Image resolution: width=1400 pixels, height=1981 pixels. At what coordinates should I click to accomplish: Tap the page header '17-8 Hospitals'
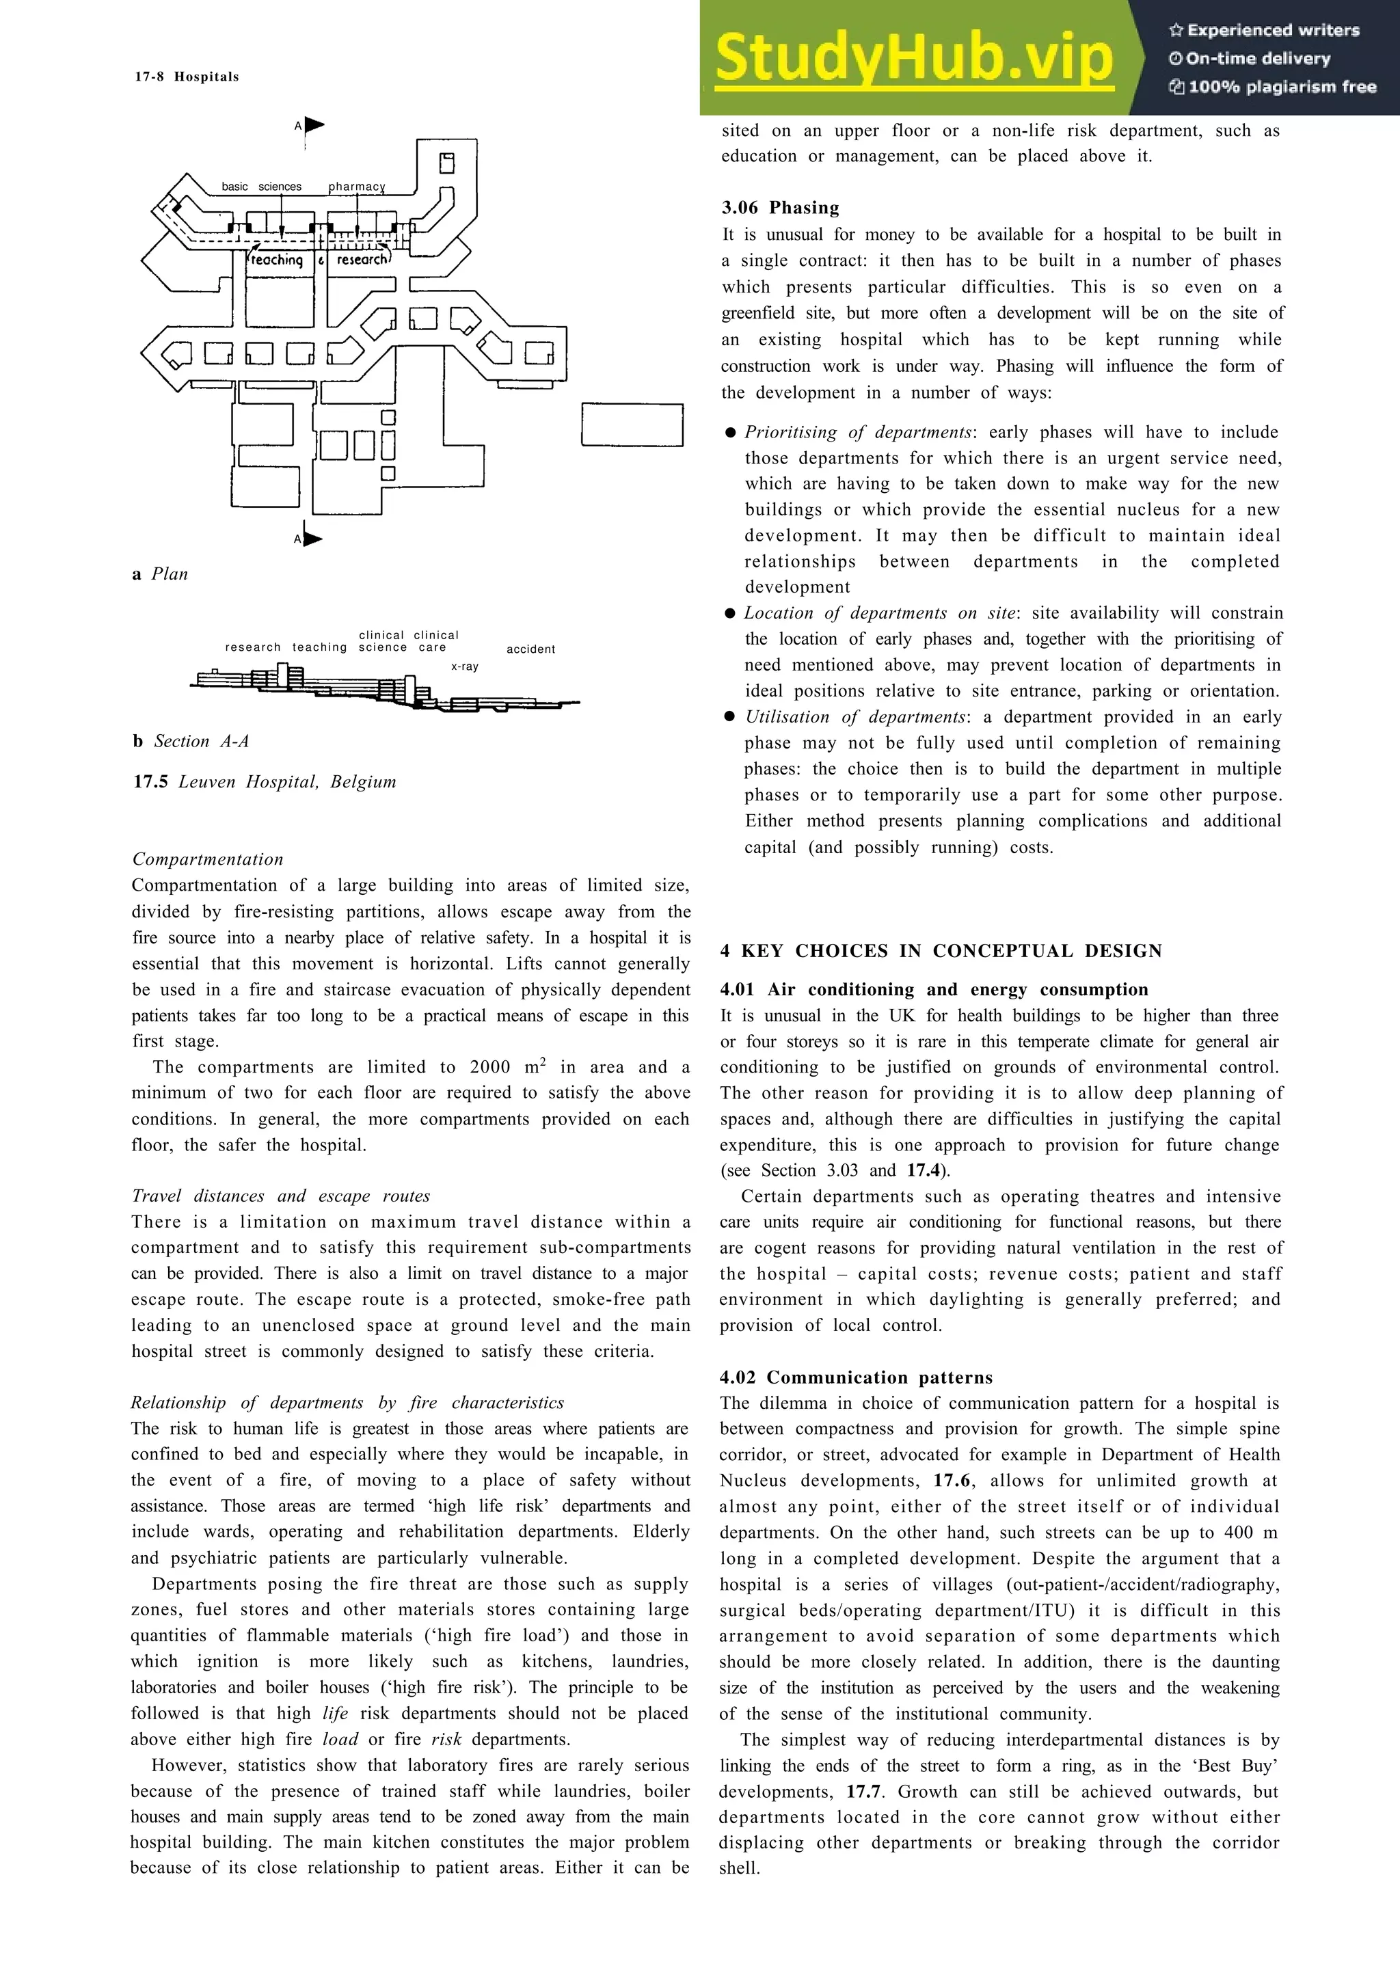point(187,77)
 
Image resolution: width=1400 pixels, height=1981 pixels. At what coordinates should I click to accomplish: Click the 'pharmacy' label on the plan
point(356,187)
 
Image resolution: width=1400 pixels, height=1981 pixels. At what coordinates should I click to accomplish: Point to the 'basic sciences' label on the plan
point(261,187)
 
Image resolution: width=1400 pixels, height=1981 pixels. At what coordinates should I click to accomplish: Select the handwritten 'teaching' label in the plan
point(277,260)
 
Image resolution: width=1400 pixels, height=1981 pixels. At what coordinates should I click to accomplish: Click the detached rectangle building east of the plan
point(632,424)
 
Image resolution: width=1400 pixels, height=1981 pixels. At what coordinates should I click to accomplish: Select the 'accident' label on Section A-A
point(530,649)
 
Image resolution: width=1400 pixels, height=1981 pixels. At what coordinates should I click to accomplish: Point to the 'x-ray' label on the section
point(464,666)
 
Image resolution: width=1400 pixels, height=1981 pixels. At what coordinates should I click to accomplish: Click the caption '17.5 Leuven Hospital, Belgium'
point(264,782)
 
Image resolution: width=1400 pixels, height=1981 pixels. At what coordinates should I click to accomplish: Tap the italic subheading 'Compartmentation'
point(207,859)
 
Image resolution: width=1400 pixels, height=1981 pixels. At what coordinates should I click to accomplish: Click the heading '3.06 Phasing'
point(780,208)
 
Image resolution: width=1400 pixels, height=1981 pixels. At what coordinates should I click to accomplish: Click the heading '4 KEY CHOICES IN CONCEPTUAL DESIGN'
point(940,951)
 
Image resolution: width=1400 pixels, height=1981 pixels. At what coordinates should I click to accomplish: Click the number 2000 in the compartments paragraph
point(490,1067)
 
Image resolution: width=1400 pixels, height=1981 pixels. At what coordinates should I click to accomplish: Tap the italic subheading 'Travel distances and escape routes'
point(280,1196)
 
